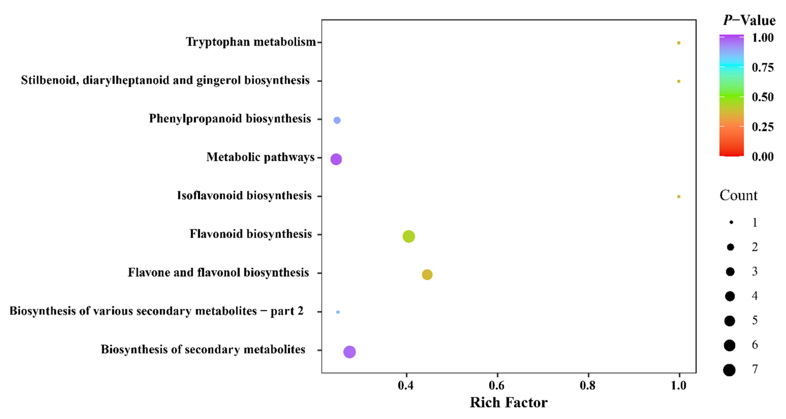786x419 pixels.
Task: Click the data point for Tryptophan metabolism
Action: [679, 43]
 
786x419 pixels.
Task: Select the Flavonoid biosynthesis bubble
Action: [408, 236]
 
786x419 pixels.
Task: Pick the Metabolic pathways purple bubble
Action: [336, 159]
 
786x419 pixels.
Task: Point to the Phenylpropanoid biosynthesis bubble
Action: [337, 120]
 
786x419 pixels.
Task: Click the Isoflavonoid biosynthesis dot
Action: [679, 197]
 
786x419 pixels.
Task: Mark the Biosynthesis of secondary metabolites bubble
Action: [349, 352]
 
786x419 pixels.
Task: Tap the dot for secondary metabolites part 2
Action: [338, 312]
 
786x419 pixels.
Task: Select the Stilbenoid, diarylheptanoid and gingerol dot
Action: [679, 81]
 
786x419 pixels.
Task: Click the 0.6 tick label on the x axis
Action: [497, 385]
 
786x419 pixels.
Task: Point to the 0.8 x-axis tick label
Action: [588, 385]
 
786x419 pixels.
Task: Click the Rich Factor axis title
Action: [509, 402]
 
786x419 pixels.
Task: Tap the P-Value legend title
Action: [749, 20]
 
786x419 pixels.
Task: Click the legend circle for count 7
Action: [729, 370]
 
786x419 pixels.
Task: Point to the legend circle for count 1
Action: [731, 222]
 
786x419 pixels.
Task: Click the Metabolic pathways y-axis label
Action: [260, 157]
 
